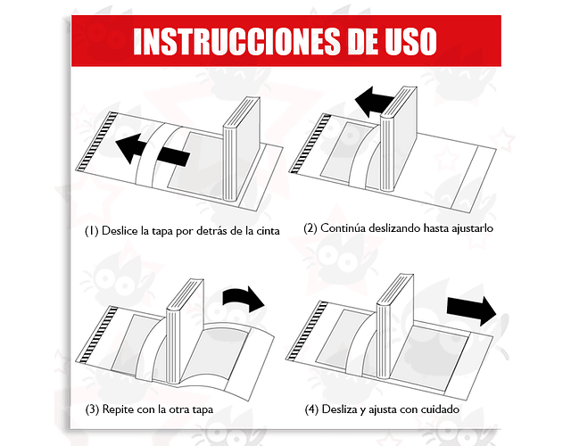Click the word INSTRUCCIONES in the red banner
click(x=236, y=41)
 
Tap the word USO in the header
click(x=410, y=41)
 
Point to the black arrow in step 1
click(x=153, y=150)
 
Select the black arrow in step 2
click(x=373, y=101)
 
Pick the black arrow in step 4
click(x=472, y=310)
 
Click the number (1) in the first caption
click(x=92, y=231)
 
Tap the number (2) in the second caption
click(x=310, y=228)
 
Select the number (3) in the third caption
click(x=92, y=409)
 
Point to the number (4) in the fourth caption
click(x=311, y=409)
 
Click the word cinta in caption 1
click(x=267, y=231)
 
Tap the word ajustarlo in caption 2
click(x=472, y=228)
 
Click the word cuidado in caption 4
click(x=440, y=409)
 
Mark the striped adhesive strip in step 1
click(x=96, y=142)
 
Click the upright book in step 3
click(x=185, y=331)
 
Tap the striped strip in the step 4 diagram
click(x=307, y=331)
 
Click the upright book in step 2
click(x=399, y=139)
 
